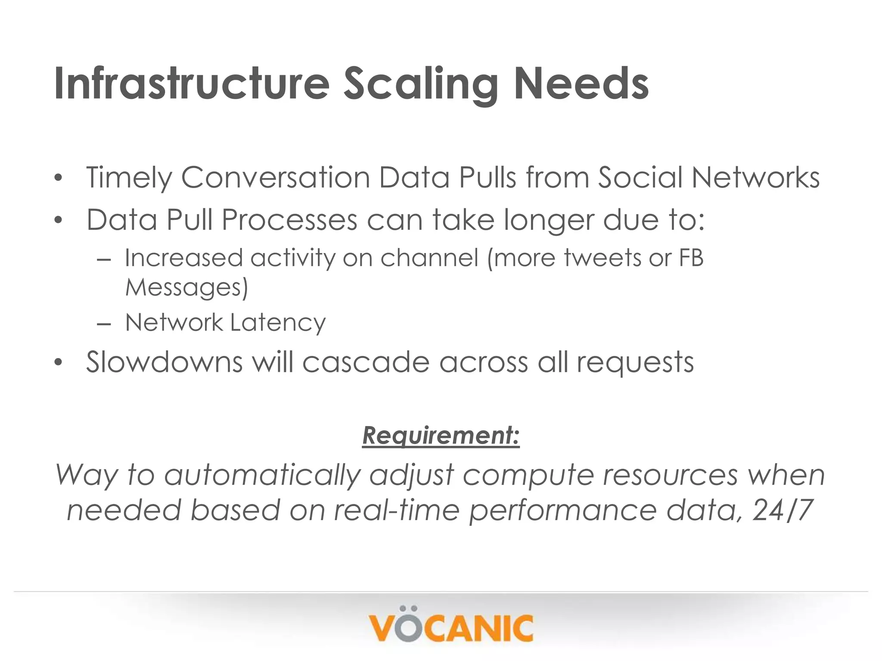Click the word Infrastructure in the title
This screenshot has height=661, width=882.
click(x=192, y=84)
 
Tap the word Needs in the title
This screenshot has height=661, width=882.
click(x=581, y=84)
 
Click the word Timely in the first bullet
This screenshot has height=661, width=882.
click(x=128, y=178)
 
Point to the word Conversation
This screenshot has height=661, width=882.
click(x=276, y=177)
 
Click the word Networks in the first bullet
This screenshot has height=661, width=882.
click(x=755, y=177)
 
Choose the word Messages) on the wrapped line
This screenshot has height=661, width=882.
click(x=186, y=287)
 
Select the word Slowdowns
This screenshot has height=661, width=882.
click(x=164, y=362)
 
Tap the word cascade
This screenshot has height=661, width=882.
click(x=366, y=362)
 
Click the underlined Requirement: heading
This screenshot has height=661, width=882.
click(x=441, y=436)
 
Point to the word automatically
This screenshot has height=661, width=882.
click(x=262, y=476)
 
